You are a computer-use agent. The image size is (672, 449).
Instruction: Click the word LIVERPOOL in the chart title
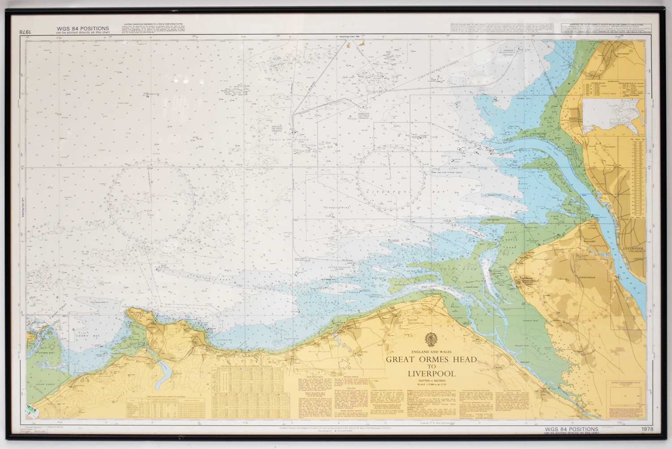click(x=431, y=374)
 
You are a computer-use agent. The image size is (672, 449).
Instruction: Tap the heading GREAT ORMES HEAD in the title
click(x=431, y=360)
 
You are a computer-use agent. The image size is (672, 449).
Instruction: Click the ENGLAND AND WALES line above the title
click(x=431, y=351)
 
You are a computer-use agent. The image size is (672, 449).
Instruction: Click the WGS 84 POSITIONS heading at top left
click(x=83, y=29)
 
